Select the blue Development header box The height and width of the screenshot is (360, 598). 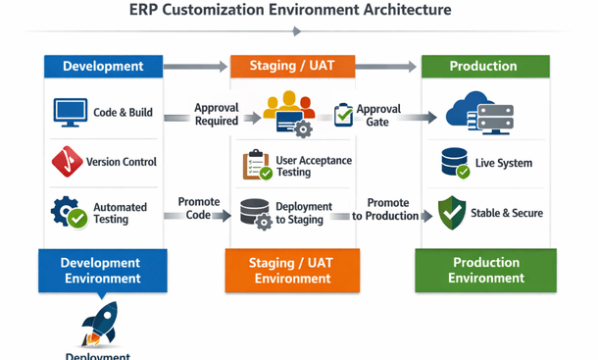click(103, 67)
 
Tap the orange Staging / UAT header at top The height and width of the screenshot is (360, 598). click(290, 67)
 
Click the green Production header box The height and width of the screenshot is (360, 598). click(483, 67)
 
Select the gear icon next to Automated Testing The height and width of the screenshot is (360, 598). click(70, 212)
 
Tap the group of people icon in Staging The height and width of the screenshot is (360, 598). click(289, 111)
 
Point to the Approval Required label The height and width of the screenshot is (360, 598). click(216, 115)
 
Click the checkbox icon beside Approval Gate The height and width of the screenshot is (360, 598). click(344, 115)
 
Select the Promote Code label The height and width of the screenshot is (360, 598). click(199, 209)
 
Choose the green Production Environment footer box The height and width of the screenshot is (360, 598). click(485, 271)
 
